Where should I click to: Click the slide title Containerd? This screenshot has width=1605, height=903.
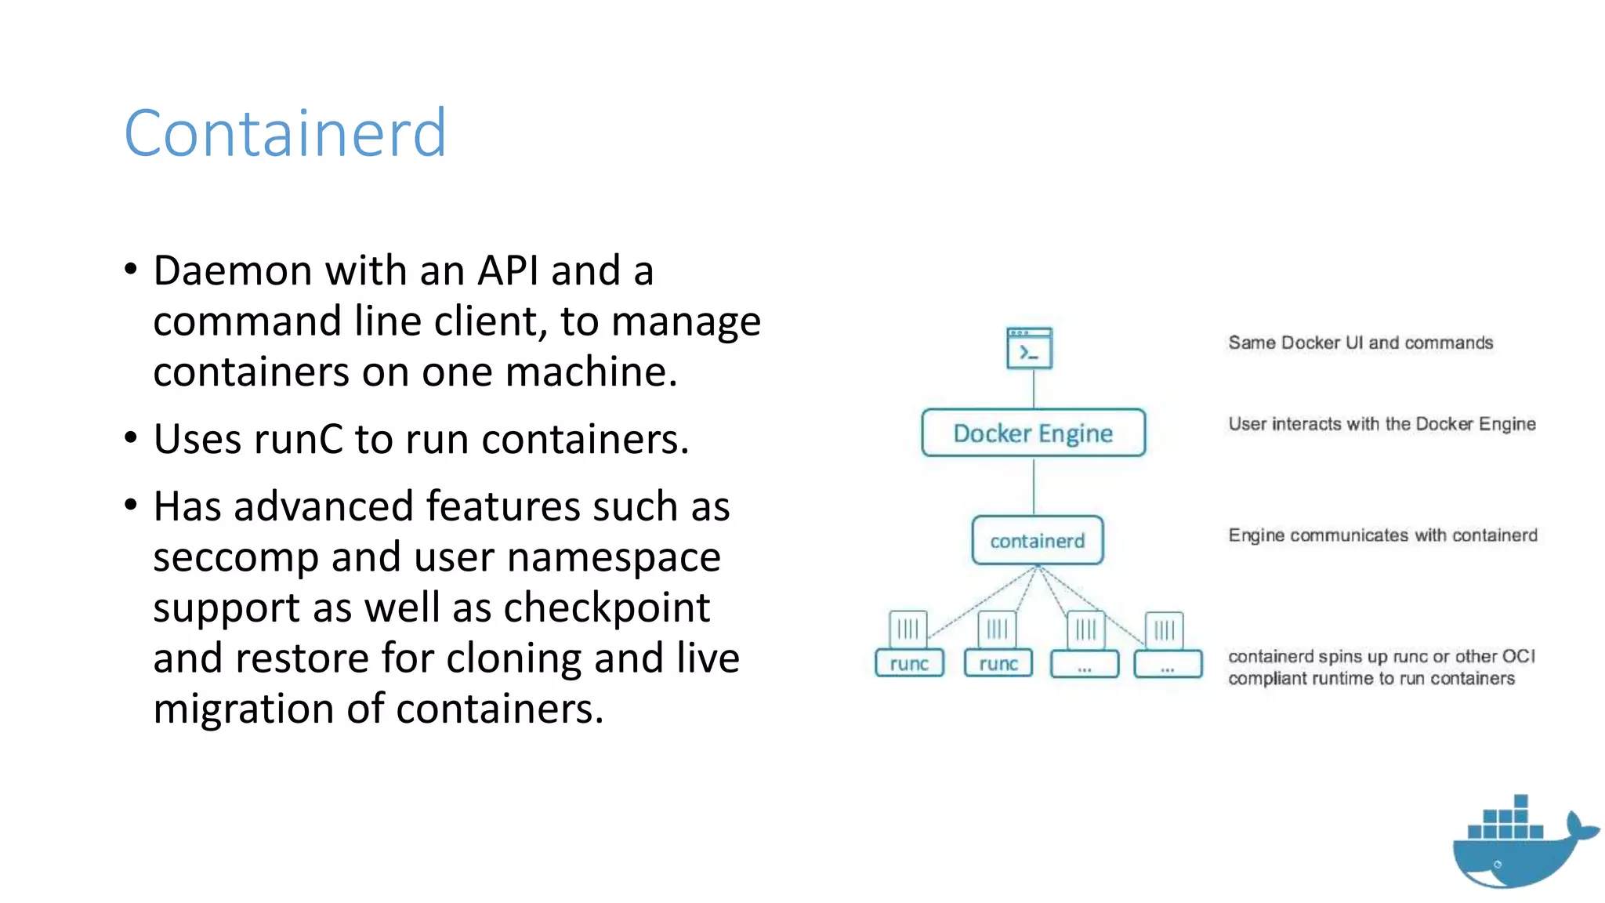tap(285, 133)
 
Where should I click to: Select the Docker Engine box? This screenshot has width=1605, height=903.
tap(1033, 433)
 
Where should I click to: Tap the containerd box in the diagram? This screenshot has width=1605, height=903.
tap(1037, 541)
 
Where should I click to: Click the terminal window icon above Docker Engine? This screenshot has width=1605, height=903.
tap(1029, 348)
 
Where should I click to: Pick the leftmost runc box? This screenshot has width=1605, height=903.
tap(909, 664)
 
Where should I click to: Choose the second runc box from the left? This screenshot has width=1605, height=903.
tap(998, 664)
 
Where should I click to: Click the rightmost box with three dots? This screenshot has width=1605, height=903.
tap(1168, 665)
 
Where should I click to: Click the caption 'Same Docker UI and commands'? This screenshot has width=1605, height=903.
tap(1360, 343)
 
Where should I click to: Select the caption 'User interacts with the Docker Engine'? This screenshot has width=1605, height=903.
tap(1382, 424)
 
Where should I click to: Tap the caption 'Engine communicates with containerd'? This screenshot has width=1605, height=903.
tap(1382, 535)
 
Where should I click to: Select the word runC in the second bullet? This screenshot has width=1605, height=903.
tap(298, 439)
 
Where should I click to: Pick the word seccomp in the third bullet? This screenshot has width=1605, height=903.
tap(236, 558)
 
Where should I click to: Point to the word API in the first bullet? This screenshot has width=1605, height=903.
tap(508, 271)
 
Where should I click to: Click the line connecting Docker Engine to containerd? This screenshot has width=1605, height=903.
tap(1034, 486)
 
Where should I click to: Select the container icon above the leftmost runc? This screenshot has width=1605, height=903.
tap(908, 629)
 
